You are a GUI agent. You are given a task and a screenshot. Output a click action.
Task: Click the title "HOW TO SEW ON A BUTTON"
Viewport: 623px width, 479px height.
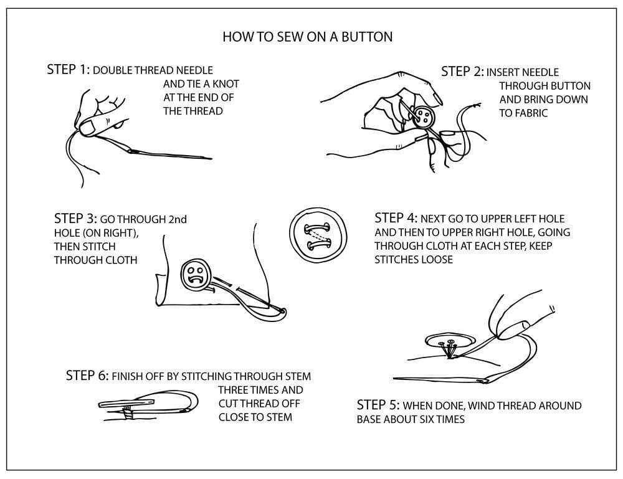click(x=307, y=37)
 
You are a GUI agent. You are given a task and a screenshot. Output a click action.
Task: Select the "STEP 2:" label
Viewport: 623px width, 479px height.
click(x=462, y=72)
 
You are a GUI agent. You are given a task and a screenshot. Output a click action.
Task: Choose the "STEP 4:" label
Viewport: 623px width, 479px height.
click(x=396, y=219)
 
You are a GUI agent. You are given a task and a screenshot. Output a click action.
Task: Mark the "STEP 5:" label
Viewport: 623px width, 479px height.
click(x=379, y=405)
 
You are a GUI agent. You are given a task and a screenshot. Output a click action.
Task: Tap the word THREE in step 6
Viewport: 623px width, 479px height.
click(x=234, y=391)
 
